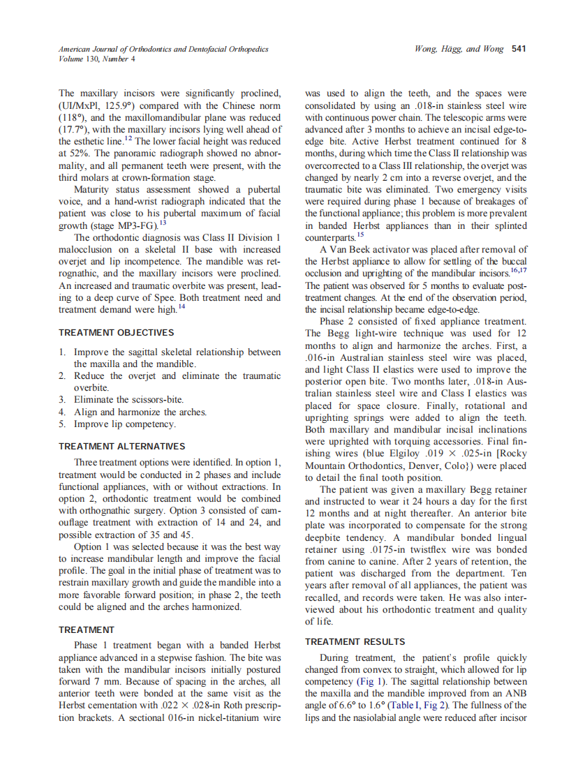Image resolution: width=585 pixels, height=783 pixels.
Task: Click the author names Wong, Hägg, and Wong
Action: (459, 49)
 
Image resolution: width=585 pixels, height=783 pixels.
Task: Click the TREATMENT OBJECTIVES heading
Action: (117, 333)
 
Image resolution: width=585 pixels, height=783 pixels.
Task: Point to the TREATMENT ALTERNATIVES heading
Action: (122, 446)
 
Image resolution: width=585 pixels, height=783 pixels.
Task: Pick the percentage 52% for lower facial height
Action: (77, 154)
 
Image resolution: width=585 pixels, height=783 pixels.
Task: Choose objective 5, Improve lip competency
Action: (125, 424)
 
